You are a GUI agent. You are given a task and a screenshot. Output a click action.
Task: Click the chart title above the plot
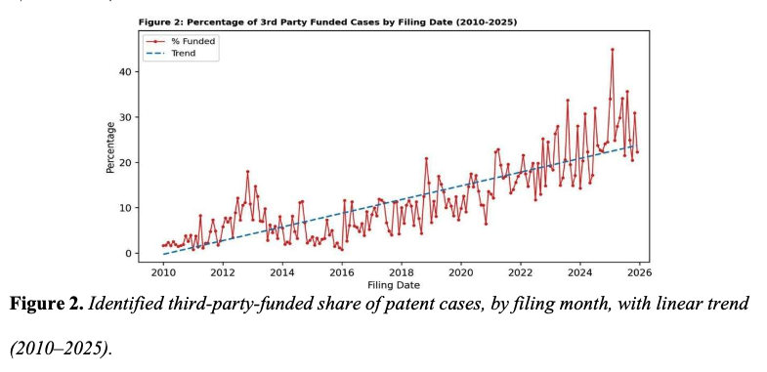(x=327, y=22)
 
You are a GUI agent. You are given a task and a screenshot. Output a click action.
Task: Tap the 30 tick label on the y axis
(x=126, y=117)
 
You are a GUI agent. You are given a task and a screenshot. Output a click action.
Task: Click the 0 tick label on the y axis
(x=129, y=253)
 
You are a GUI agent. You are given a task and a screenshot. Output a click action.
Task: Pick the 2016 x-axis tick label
(x=342, y=272)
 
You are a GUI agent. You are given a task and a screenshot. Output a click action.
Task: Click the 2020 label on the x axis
(x=461, y=272)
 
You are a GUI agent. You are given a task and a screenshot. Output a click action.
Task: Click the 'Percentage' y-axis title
(x=111, y=147)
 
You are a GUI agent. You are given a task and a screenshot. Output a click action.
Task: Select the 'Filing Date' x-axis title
(x=394, y=284)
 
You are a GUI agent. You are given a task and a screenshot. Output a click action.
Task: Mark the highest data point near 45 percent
(x=612, y=50)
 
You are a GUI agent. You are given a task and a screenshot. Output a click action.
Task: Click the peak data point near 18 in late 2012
(x=247, y=172)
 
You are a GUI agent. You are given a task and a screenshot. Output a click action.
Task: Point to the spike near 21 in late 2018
(x=426, y=158)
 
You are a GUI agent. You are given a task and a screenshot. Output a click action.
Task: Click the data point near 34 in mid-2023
(x=568, y=101)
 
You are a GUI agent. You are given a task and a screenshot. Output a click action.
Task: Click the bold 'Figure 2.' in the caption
(x=47, y=304)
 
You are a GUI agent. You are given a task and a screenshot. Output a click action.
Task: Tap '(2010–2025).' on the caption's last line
(x=62, y=349)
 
